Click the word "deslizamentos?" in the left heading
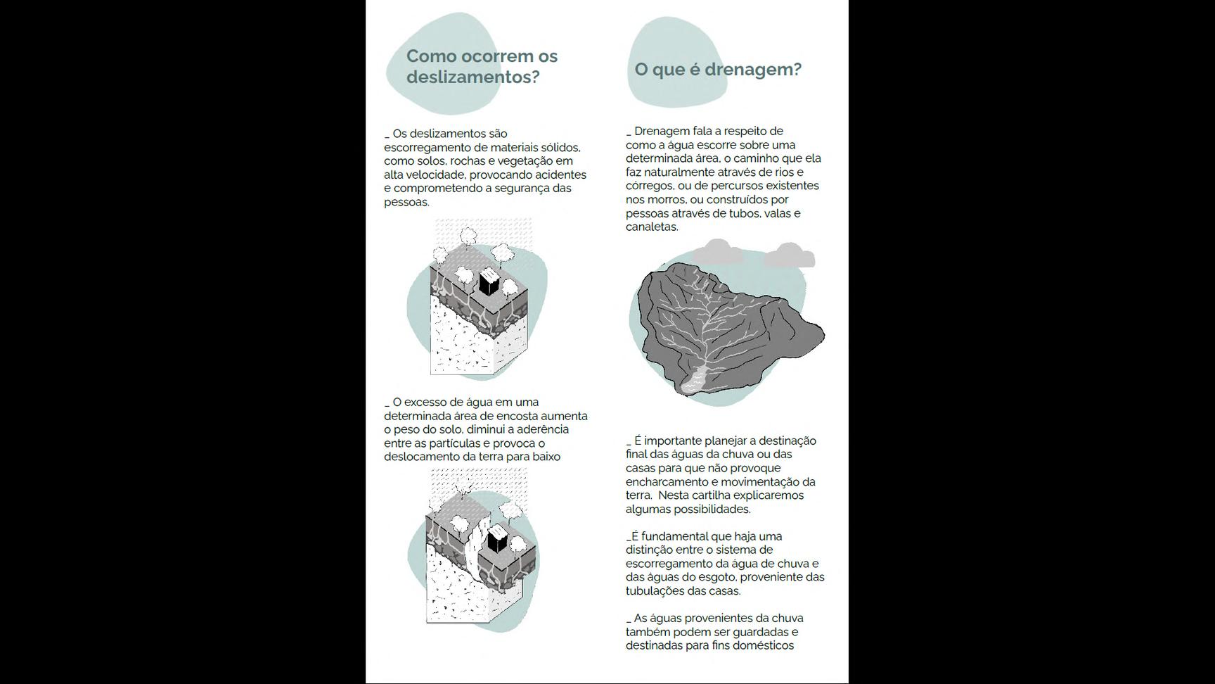472,77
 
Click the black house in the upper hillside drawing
489,284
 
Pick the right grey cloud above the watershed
790,255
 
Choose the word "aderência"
543,429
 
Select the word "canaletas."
652,227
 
